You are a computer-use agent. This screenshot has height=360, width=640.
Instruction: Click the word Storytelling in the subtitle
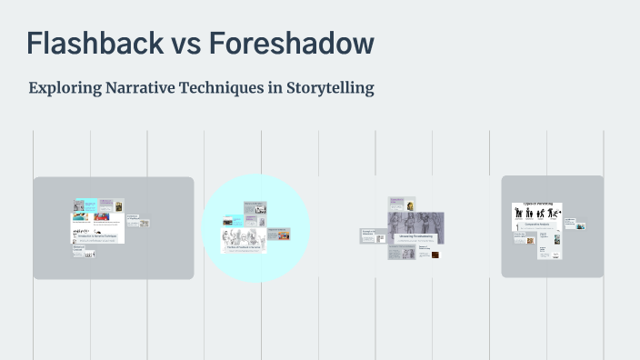tap(327, 89)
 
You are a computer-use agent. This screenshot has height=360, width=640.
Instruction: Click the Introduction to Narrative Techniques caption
tap(96, 235)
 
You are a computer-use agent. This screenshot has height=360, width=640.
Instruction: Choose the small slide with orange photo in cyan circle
tap(279, 234)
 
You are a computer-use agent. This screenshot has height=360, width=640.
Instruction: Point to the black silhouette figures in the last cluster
tap(537, 213)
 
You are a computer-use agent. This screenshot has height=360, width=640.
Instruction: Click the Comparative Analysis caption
tap(536, 224)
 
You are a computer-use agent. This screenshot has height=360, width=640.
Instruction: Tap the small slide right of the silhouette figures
tap(575, 223)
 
